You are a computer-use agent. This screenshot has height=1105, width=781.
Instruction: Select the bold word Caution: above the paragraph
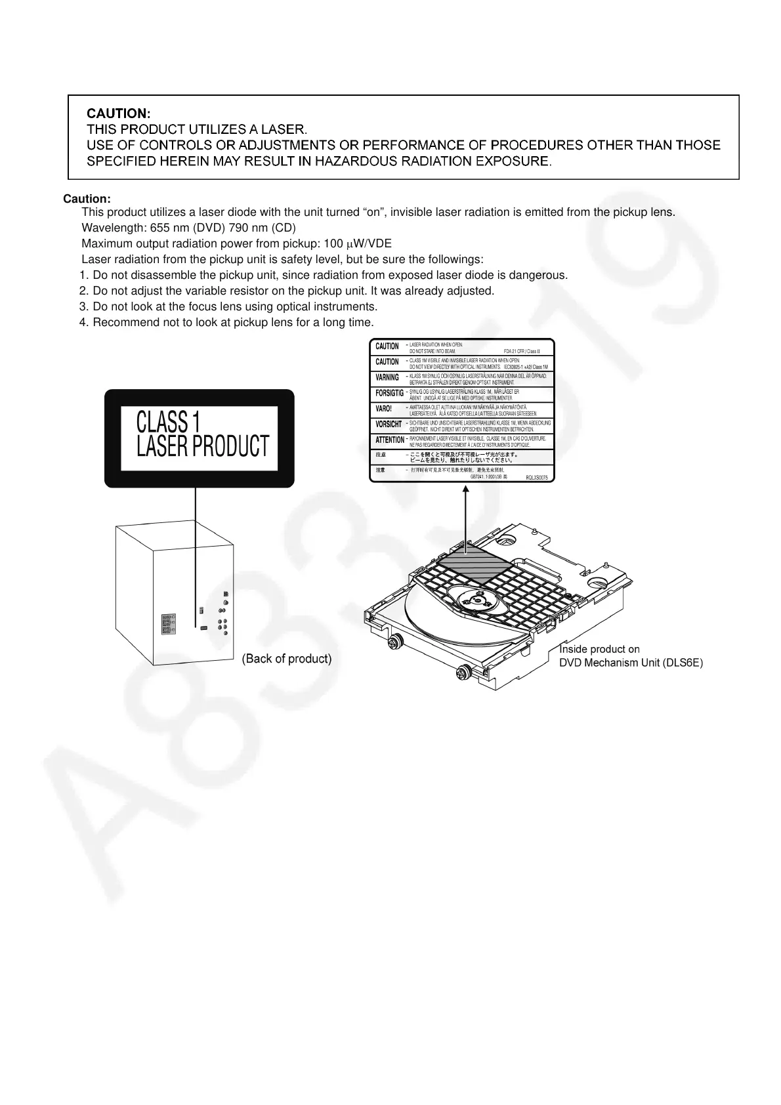click(x=87, y=199)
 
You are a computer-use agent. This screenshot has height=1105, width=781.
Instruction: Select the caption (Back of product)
click(x=287, y=658)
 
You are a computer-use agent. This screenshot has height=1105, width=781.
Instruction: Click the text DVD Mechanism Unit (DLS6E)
click(x=630, y=663)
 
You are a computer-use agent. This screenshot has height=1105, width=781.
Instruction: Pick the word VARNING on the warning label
click(x=387, y=377)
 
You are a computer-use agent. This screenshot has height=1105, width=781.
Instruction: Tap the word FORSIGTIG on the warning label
click(x=389, y=393)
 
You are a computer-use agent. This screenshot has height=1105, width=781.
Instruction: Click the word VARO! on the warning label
click(x=383, y=408)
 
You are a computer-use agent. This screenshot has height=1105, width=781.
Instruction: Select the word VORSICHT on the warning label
click(x=389, y=424)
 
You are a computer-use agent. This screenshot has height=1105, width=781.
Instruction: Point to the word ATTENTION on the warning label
click(x=390, y=440)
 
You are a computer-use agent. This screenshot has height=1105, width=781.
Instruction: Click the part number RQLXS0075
click(x=536, y=478)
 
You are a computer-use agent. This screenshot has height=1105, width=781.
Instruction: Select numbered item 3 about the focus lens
click(x=228, y=306)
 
